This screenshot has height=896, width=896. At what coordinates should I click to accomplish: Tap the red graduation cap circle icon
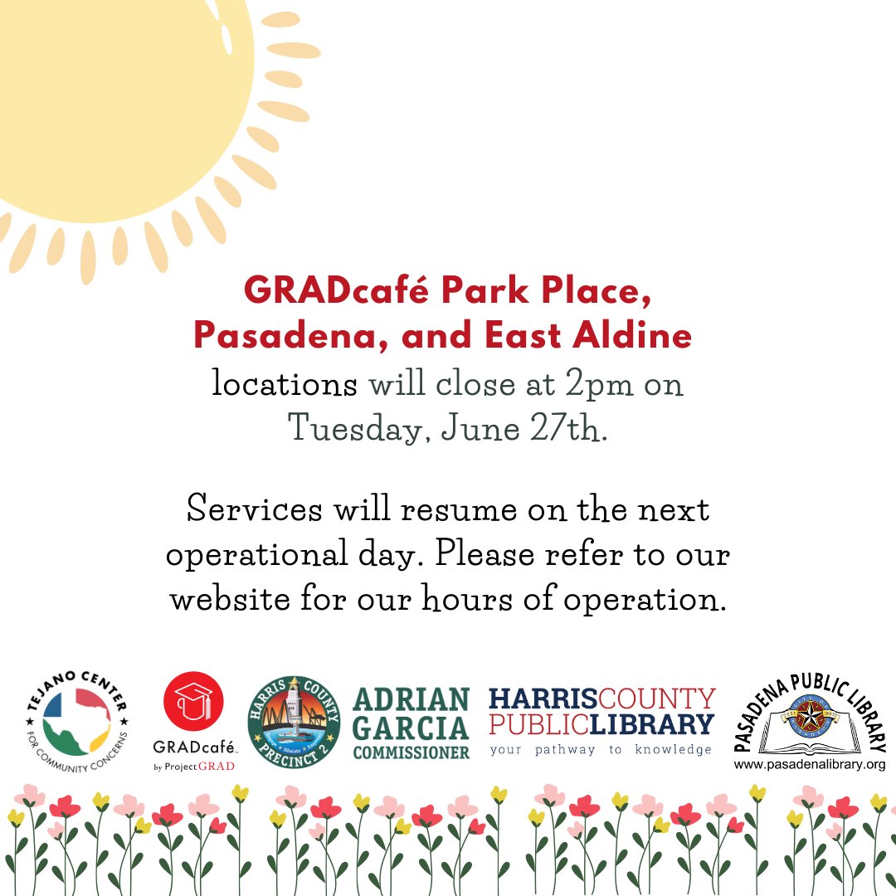point(194,699)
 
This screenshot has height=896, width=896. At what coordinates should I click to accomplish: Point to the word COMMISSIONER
point(411,752)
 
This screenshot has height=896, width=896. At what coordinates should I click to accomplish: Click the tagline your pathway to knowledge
point(601,749)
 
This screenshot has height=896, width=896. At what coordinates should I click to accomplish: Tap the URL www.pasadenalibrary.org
point(810,764)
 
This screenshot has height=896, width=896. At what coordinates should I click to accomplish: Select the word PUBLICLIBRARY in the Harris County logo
point(601,723)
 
